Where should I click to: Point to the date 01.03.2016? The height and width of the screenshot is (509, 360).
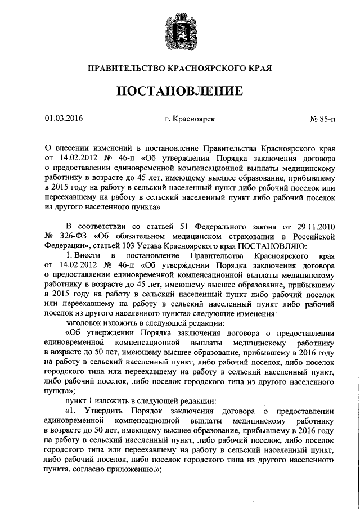[64, 119]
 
